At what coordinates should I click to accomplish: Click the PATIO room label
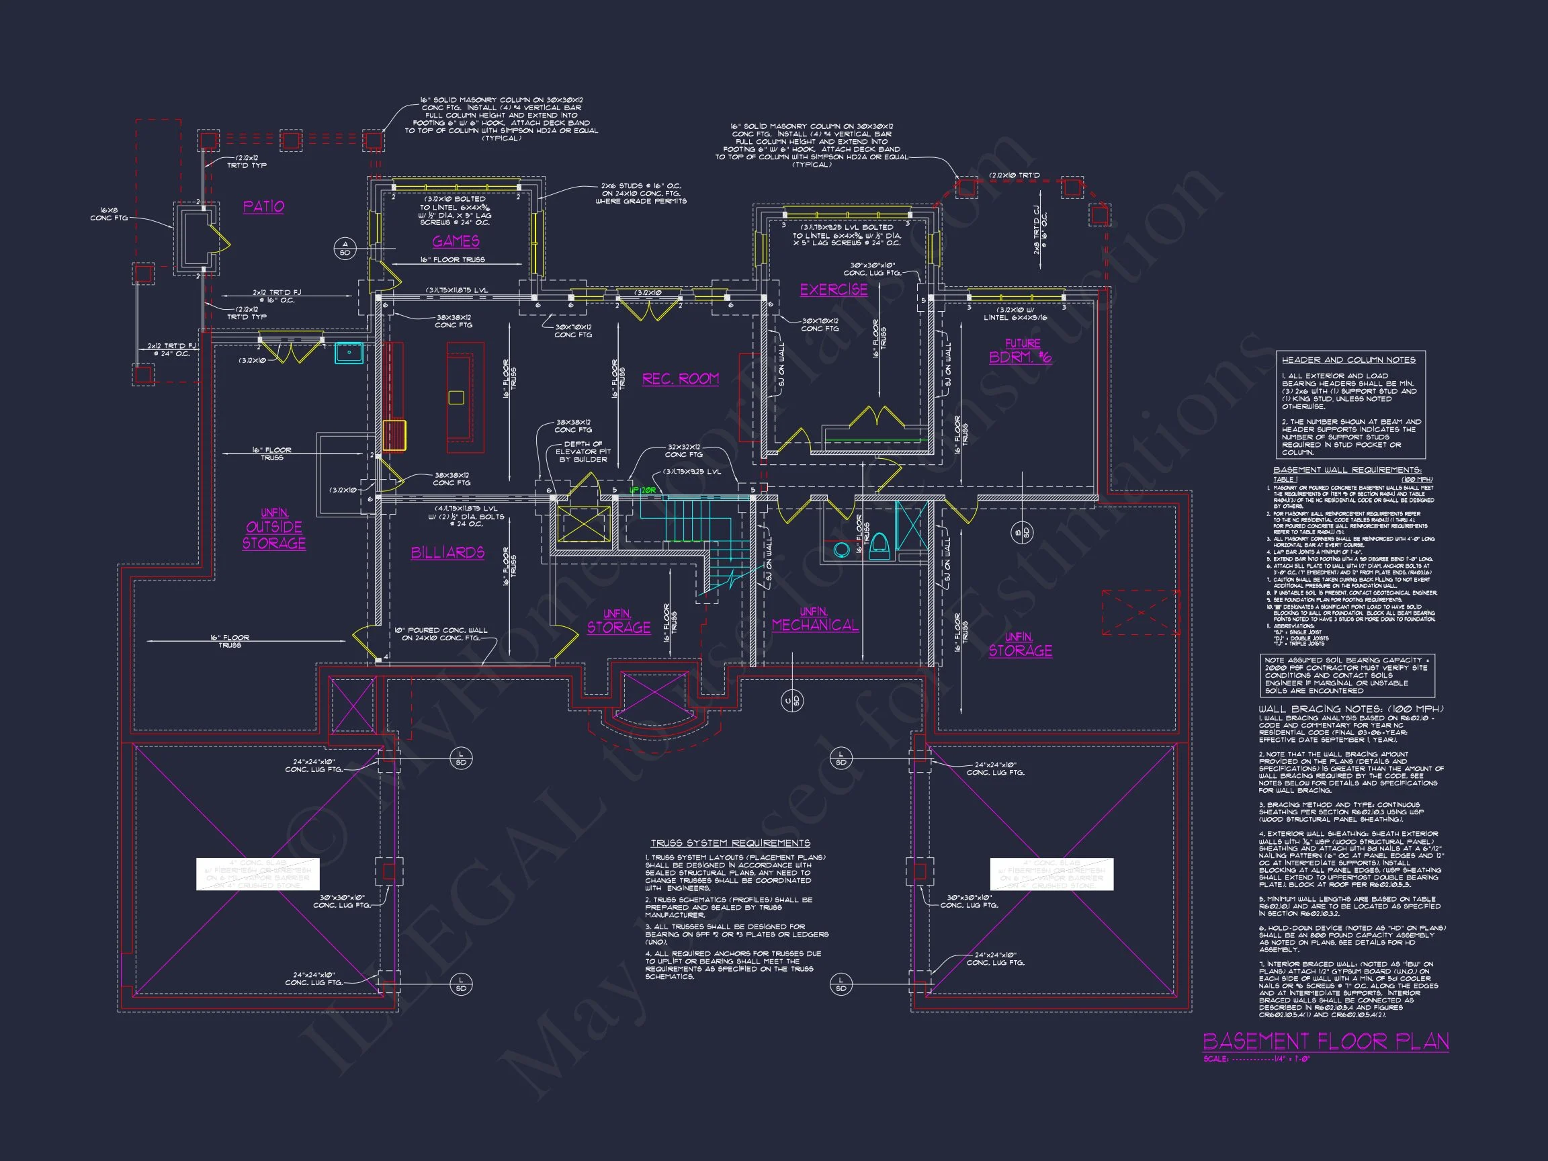tap(263, 206)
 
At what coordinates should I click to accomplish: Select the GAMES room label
tap(456, 241)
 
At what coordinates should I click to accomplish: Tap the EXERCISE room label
tap(834, 290)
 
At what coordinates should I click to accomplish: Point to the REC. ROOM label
tap(680, 379)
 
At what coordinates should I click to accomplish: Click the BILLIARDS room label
tap(447, 553)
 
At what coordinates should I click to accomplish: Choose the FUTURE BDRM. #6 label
tap(1021, 352)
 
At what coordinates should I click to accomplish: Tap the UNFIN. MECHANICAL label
tap(814, 620)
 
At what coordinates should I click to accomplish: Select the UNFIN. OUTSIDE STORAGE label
tap(273, 529)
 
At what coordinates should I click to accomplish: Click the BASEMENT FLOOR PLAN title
tap(1326, 1041)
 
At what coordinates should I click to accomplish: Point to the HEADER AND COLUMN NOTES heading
tap(1348, 359)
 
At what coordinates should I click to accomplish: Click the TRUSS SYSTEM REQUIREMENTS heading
tap(730, 843)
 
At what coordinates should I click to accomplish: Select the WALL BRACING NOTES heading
tap(1350, 709)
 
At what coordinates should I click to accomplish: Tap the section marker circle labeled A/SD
tap(345, 249)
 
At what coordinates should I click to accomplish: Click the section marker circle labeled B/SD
tap(1021, 533)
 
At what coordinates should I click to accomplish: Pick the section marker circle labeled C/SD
tap(791, 701)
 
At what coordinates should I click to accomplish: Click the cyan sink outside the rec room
tap(349, 353)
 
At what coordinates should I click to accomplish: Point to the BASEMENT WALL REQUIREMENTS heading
tap(1346, 470)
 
